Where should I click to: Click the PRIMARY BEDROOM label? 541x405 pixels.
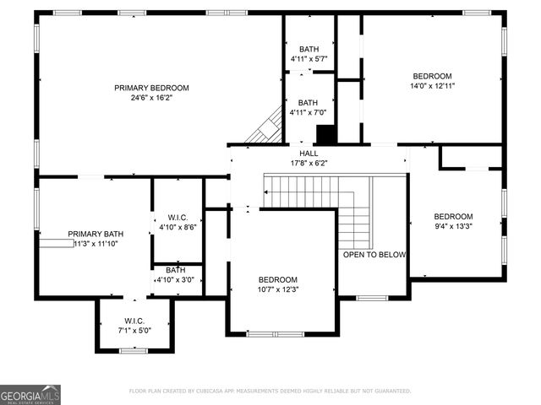152,88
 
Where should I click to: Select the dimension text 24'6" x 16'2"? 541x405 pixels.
152,98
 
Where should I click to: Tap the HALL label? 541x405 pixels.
309,154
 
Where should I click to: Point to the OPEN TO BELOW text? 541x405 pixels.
374,255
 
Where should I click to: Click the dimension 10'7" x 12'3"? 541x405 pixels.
278,289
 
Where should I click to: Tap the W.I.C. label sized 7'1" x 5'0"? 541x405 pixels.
134,321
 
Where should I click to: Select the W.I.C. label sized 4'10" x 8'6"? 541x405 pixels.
178,217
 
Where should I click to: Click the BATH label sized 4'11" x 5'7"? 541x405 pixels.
309,49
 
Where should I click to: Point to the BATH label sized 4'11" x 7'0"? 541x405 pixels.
309,103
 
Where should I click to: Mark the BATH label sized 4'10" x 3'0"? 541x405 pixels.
176,270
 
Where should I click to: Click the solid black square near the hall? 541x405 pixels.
326,135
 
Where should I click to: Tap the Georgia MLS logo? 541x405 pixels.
30,394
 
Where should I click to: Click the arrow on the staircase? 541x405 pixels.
267,192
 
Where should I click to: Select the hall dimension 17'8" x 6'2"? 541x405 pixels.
309,163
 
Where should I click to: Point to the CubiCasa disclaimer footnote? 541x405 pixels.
270,391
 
